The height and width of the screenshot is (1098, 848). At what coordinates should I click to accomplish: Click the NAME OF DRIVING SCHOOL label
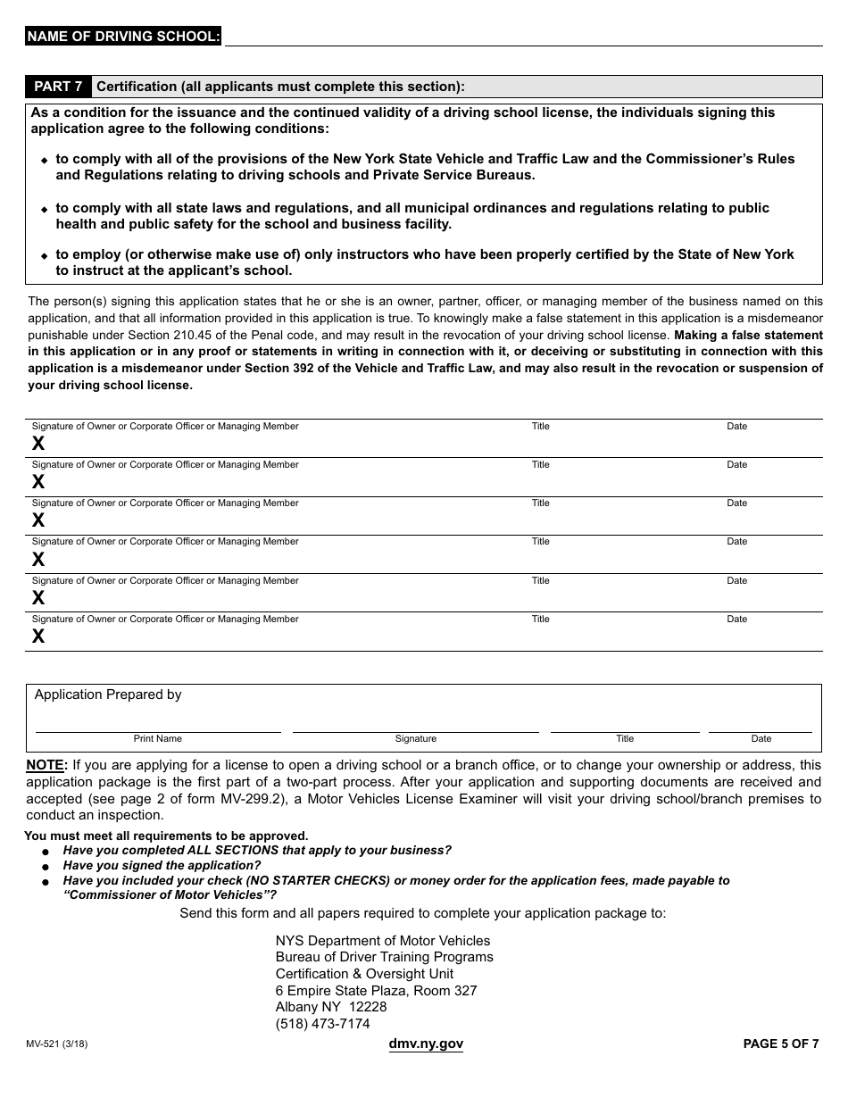pyautogui.click(x=123, y=37)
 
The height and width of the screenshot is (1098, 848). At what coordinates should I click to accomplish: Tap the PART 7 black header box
pyautogui.click(x=58, y=87)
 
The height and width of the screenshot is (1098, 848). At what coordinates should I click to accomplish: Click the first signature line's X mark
pyautogui.click(x=38, y=444)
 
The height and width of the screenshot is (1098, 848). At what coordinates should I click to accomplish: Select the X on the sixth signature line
pyautogui.click(x=38, y=636)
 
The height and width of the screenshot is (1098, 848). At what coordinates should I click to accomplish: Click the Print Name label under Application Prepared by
pyautogui.click(x=158, y=739)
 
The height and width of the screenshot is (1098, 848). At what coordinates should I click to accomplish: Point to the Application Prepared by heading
pyautogui.click(x=108, y=695)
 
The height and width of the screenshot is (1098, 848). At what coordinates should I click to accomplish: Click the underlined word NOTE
pyautogui.click(x=46, y=765)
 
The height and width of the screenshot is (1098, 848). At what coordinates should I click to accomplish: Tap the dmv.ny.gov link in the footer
pyautogui.click(x=426, y=1044)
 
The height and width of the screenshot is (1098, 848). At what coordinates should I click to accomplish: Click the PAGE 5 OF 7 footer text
pyautogui.click(x=781, y=1044)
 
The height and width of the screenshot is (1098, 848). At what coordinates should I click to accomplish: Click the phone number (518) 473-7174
pyautogui.click(x=322, y=1024)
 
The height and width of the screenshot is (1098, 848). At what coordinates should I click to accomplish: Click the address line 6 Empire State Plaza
pyautogui.click(x=376, y=991)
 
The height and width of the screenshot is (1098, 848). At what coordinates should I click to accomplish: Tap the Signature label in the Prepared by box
pyautogui.click(x=416, y=739)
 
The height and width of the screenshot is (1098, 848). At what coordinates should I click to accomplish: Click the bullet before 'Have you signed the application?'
pyautogui.click(x=45, y=867)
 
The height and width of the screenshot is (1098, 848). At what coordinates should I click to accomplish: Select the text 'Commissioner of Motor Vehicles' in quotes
pyautogui.click(x=170, y=895)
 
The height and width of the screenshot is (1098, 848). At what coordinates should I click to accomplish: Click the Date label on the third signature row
pyautogui.click(x=736, y=503)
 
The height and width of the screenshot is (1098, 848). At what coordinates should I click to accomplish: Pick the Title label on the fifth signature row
pyautogui.click(x=541, y=581)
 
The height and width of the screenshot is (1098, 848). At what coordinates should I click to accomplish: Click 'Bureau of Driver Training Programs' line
pyautogui.click(x=384, y=957)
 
